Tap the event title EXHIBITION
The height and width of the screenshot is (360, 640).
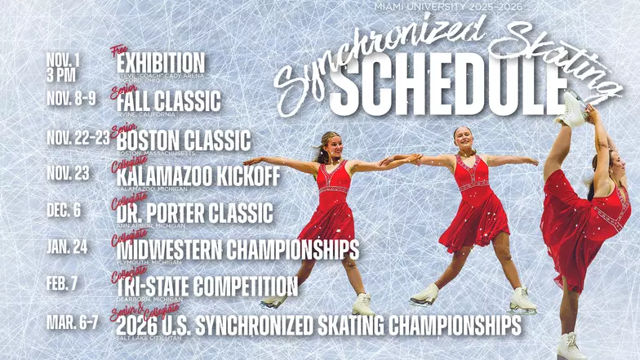pyautogui.click(x=160, y=64)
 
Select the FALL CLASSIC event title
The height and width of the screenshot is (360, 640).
pyautogui.click(x=168, y=101)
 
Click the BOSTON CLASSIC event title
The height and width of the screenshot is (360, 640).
pyautogui.click(x=183, y=139)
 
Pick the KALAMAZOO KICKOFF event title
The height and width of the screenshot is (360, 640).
pyautogui.click(x=198, y=176)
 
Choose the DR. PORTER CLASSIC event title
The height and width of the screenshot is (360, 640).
pyautogui.click(x=194, y=213)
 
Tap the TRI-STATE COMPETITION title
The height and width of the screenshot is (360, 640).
pyautogui.click(x=207, y=286)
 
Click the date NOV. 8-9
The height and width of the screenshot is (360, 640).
pyautogui.click(x=71, y=99)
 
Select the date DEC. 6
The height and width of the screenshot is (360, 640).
pyautogui.click(x=64, y=210)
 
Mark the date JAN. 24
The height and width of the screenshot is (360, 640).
pyautogui.click(x=67, y=247)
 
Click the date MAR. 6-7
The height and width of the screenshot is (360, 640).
pyautogui.click(x=72, y=322)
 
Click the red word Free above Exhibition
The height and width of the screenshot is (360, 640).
pyautogui.click(x=120, y=51)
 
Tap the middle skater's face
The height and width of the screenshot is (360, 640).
pyautogui.click(x=464, y=140)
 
